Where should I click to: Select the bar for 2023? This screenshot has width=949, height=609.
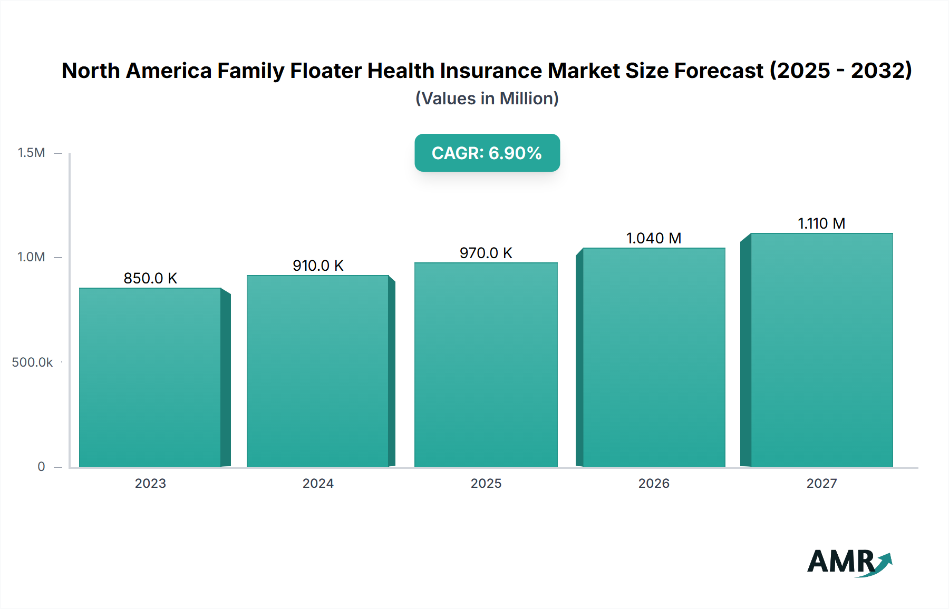[x=150, y=377]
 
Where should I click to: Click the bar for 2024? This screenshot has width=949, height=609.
[x=318, y=371]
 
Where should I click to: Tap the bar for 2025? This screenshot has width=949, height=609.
[x=486, y=365]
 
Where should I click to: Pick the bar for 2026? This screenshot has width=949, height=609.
[x=654, y=357]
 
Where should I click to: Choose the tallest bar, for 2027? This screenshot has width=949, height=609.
[x=821, y=350]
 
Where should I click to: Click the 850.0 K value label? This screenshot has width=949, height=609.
[x=150, y=278]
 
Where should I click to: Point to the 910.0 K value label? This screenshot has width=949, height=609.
[x=318, y=266]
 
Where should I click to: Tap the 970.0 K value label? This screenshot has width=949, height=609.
[x=486, y=253]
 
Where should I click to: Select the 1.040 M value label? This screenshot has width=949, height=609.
[x=654, y=238]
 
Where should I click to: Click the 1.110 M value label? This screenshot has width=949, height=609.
[x=821, y=223]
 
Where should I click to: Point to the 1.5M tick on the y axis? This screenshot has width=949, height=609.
[x=32, y=153]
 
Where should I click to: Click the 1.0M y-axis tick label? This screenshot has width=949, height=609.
[x=32, y=257]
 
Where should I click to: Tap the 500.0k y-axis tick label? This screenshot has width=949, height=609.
[x=32, y=362]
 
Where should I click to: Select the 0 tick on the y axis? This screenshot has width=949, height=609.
[x=41, y=467]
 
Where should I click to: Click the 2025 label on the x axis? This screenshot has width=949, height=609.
[x=486, y=484]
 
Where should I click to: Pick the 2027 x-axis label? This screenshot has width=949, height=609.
[x=821, y=484]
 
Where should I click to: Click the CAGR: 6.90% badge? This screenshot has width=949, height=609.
[x=487, y=153]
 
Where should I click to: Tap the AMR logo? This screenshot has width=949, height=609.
[x=849, y=562]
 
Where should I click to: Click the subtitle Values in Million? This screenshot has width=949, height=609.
[x=487, y=99]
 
